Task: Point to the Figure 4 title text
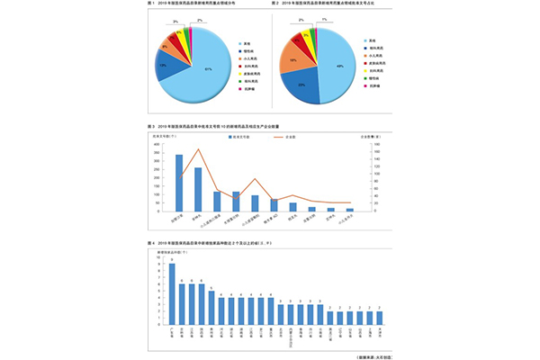pyautogui.click(x=207, y=244)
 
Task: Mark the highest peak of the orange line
pyautogui.click(x=198, y=149)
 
